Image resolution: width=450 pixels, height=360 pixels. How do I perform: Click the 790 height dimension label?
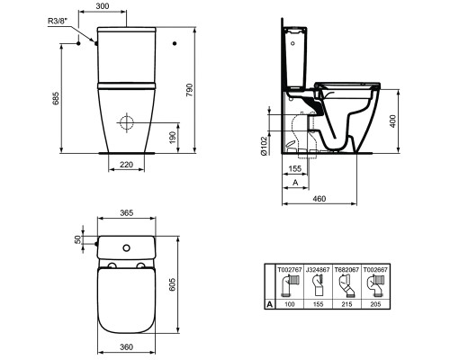point(189,90)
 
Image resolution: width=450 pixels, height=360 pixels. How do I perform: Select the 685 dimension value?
point(56,98)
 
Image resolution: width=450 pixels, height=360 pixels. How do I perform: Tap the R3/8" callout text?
point(58,22)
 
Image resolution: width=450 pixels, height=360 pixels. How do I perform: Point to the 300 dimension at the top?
point(103,5)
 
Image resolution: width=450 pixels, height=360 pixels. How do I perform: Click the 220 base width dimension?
point(126,165)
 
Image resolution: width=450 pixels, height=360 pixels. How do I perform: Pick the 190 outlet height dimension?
point(173,138)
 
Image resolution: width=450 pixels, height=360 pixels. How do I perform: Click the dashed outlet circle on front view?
point(126,123)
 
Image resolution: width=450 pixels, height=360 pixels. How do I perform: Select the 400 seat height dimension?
point(393,121)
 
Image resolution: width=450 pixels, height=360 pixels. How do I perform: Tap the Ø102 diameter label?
point(264,146)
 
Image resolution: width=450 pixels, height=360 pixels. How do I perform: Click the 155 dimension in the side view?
point(294,168)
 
